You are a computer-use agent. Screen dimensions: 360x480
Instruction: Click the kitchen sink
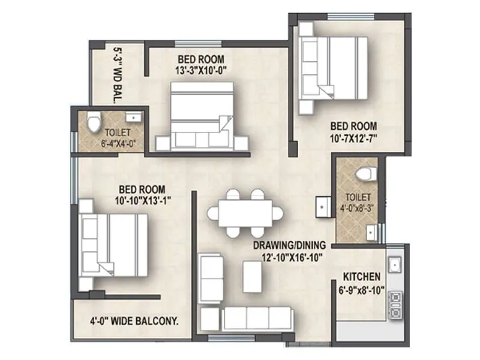tap(395, 263)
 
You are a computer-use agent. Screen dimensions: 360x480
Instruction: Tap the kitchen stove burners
tap(396, 304)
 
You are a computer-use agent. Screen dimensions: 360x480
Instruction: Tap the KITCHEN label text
tap(361, 277)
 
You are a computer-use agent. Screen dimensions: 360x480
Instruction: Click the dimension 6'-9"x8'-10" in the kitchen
tap(361, 289)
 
